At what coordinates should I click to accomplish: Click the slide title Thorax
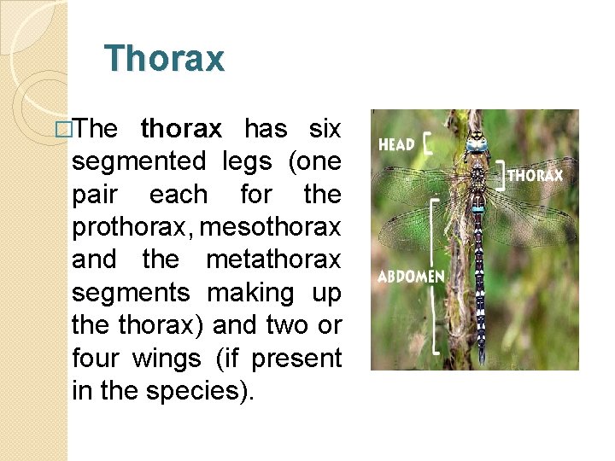point(164,59)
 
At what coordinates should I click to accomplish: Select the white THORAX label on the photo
point(536,176)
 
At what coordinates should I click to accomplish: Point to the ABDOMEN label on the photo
point(411,277)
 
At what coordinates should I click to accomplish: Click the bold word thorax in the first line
point(181,129)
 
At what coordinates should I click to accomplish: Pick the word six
point(325,129)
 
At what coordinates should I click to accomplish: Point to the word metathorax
point(273,259)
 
